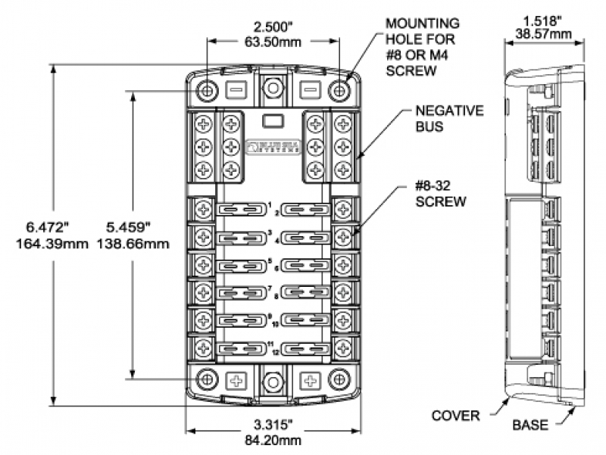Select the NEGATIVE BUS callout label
(448, 119)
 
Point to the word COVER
(454, 416)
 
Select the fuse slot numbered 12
(305, 349)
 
